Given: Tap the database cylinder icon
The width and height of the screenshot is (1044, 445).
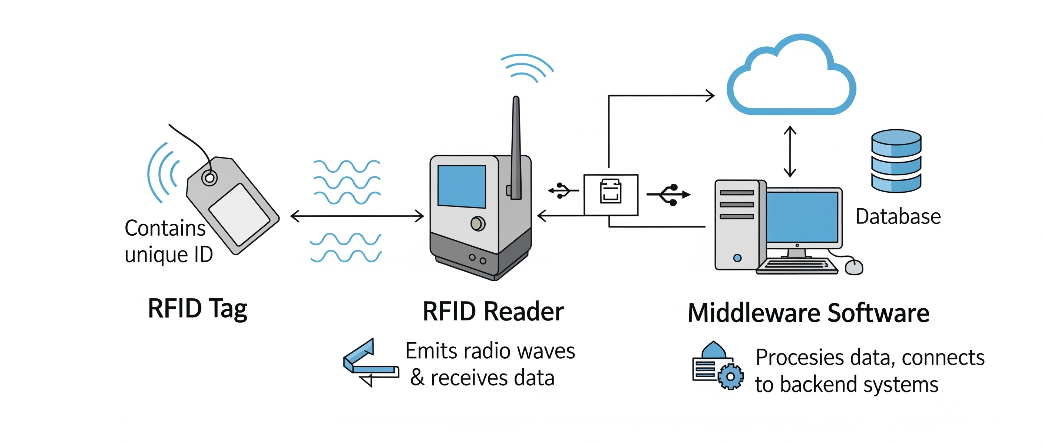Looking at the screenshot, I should [896, 161].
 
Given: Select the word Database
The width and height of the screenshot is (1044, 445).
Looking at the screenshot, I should [898, 217].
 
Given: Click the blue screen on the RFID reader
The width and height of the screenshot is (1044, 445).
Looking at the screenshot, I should [462, 186].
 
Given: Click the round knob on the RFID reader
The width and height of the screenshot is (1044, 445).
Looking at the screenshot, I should [478, 223].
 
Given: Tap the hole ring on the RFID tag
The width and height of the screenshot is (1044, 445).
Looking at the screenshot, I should [209, 178].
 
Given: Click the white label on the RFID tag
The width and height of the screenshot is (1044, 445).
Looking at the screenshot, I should [239, 215].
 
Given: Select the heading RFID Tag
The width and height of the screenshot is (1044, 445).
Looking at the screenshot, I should [197, 309].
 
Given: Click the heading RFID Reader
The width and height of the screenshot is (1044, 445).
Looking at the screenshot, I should [493, 311].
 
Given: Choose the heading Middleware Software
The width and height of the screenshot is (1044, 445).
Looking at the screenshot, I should [809, 313].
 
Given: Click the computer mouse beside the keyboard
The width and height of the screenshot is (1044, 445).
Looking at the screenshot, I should [854, 267].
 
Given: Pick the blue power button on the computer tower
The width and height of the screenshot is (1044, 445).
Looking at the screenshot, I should [737, 258].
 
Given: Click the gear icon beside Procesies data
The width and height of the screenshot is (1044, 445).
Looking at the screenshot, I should [730, 376].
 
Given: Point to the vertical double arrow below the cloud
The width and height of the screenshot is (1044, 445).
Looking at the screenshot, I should [790, 152].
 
